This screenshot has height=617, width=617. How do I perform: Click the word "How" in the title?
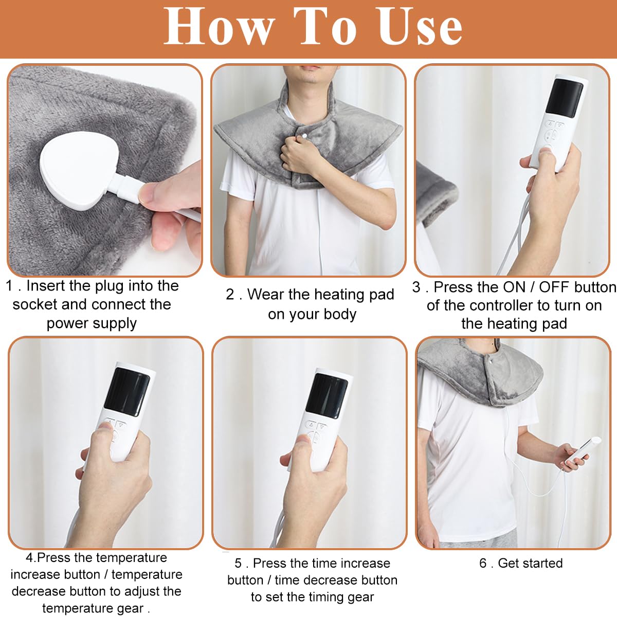[219, 27]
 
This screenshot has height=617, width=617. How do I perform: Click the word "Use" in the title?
[419, 27]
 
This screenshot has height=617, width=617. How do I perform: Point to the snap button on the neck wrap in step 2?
[303, 136]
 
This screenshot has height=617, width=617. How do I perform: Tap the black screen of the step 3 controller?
[565, 98]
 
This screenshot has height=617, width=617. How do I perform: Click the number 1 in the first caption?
[9, 286]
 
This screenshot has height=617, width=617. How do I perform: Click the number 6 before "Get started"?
[483, 564]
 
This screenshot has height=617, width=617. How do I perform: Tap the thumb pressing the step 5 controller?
[301, 442]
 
